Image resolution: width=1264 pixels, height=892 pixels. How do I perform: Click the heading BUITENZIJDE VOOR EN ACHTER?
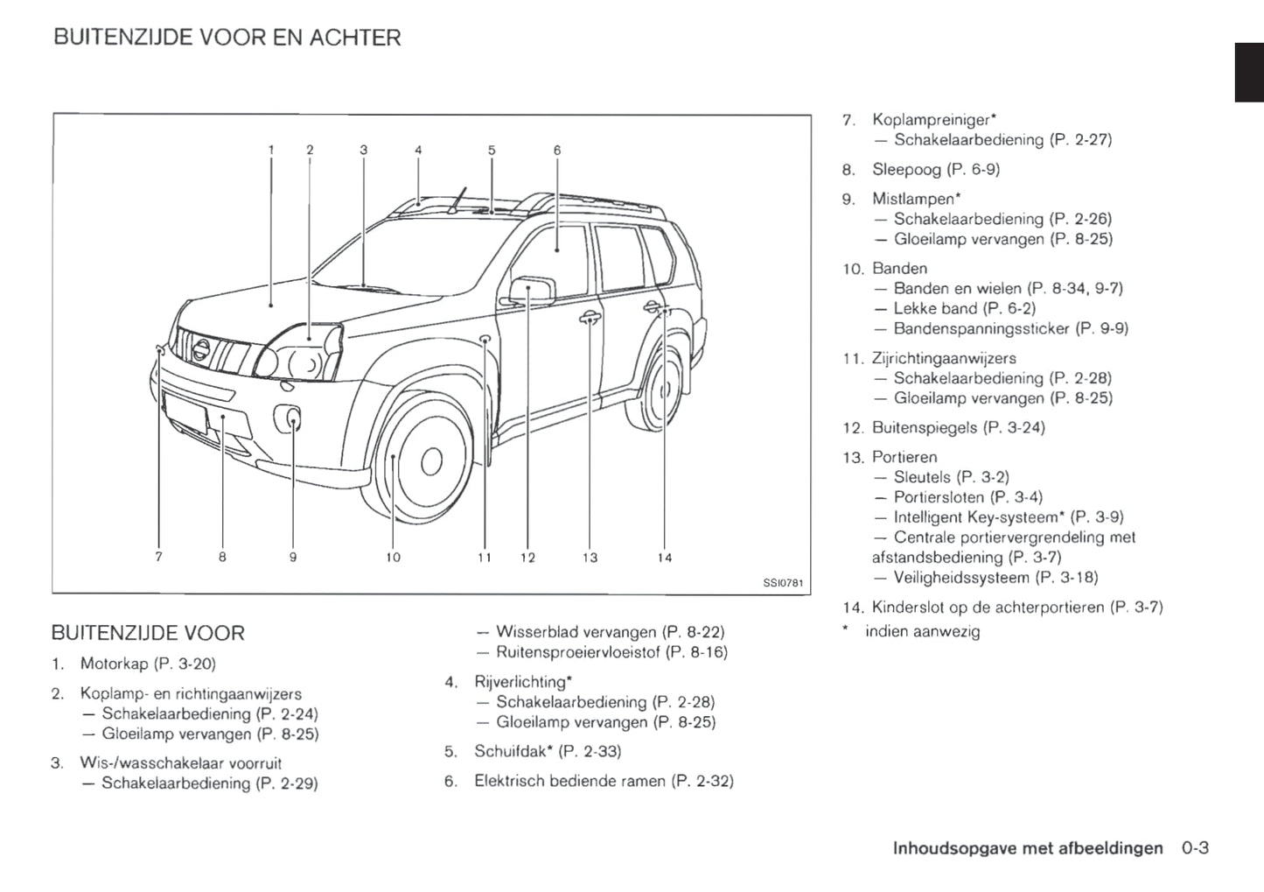[x=227, y=38]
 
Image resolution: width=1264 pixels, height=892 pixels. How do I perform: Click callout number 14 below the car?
[x=664, y=558]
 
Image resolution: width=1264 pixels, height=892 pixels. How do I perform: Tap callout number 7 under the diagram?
[x=158, y=557]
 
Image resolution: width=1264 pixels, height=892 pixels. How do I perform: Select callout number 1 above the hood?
[x=271, y=150]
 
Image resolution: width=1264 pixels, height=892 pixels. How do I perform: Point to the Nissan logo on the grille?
[x=200, y=349]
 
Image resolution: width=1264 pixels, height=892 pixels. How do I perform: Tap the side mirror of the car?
[x=533, y=290]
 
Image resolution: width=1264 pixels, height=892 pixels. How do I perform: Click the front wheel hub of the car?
[x=431, y=461]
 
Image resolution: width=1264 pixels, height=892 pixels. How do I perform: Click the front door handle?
[x=590, y=318]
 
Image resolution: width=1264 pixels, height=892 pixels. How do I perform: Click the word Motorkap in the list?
[x=114, y=664]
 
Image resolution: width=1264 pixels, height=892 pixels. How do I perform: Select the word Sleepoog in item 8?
[x=906, y=169]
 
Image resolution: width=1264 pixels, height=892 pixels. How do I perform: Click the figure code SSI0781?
[x=782, y=583]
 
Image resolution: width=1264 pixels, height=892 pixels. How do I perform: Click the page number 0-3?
[x=1195, y=847]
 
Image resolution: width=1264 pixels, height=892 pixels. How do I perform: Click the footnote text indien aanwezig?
[x=922, y=631]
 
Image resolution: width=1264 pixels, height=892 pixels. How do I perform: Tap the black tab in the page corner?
[x=1249, y=72]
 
